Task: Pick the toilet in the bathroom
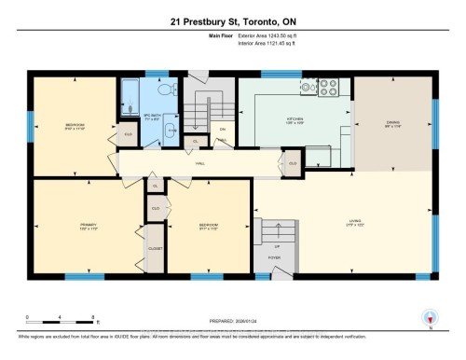point(165,94)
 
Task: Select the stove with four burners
point(328,88)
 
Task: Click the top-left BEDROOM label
point(75,125)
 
